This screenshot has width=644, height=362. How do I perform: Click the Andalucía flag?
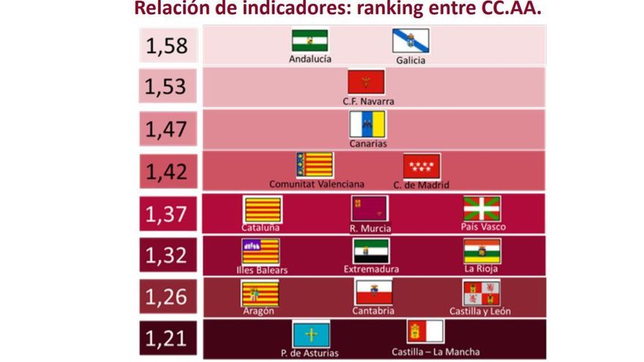pos(310,40)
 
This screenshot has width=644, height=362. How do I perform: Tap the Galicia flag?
pos(411,41)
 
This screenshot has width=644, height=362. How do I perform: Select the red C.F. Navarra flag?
pos(366,82)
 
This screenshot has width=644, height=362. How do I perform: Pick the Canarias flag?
pos(367,124)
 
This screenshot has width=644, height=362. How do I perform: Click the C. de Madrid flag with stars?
pos(422,166)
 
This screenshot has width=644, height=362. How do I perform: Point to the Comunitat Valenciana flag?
pos(315,165)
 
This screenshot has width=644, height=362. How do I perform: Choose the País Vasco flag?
pos(482,208)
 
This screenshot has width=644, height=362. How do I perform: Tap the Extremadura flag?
pos(371,251)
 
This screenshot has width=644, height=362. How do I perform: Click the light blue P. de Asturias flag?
pos(311,335)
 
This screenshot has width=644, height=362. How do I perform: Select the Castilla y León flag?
pos(481,293)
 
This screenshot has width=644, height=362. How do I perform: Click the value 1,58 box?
pos(167,45)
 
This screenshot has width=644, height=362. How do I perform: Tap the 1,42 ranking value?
pos(166,172)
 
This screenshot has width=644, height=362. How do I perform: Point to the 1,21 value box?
pos(166,339)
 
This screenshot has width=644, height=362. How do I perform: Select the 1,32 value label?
pos(166,256)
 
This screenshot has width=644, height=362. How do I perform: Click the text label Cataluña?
pos(261,227)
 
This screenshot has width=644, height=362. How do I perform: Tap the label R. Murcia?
pos(370,228)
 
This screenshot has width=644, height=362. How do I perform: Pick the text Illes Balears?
pos(262,269)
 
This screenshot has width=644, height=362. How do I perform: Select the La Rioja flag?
pos(482,251)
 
